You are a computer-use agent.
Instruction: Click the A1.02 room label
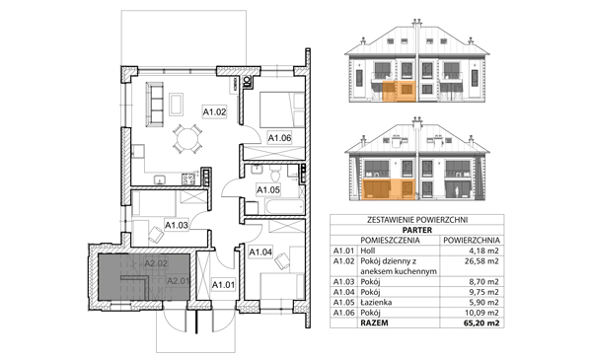[214, 111]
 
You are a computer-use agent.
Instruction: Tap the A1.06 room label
[279, 138]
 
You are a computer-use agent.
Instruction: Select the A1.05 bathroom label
[268, 189]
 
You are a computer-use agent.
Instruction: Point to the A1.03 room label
[177, 225]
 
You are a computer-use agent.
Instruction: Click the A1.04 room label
[260, 252]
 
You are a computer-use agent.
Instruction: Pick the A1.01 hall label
[223, 284]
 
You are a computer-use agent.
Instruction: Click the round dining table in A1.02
[187, 139]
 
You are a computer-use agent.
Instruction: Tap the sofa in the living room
[154, 105]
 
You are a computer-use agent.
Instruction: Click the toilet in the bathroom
[275, 174]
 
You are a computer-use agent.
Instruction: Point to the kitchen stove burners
[188, 179]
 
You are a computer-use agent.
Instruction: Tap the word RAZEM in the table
[374, 324]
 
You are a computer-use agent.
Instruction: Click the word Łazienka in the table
[376, 302]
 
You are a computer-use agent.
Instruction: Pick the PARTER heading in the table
[416, 230]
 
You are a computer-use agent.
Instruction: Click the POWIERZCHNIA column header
[472, 240]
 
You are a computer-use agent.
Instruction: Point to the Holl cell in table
[368, 251]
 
